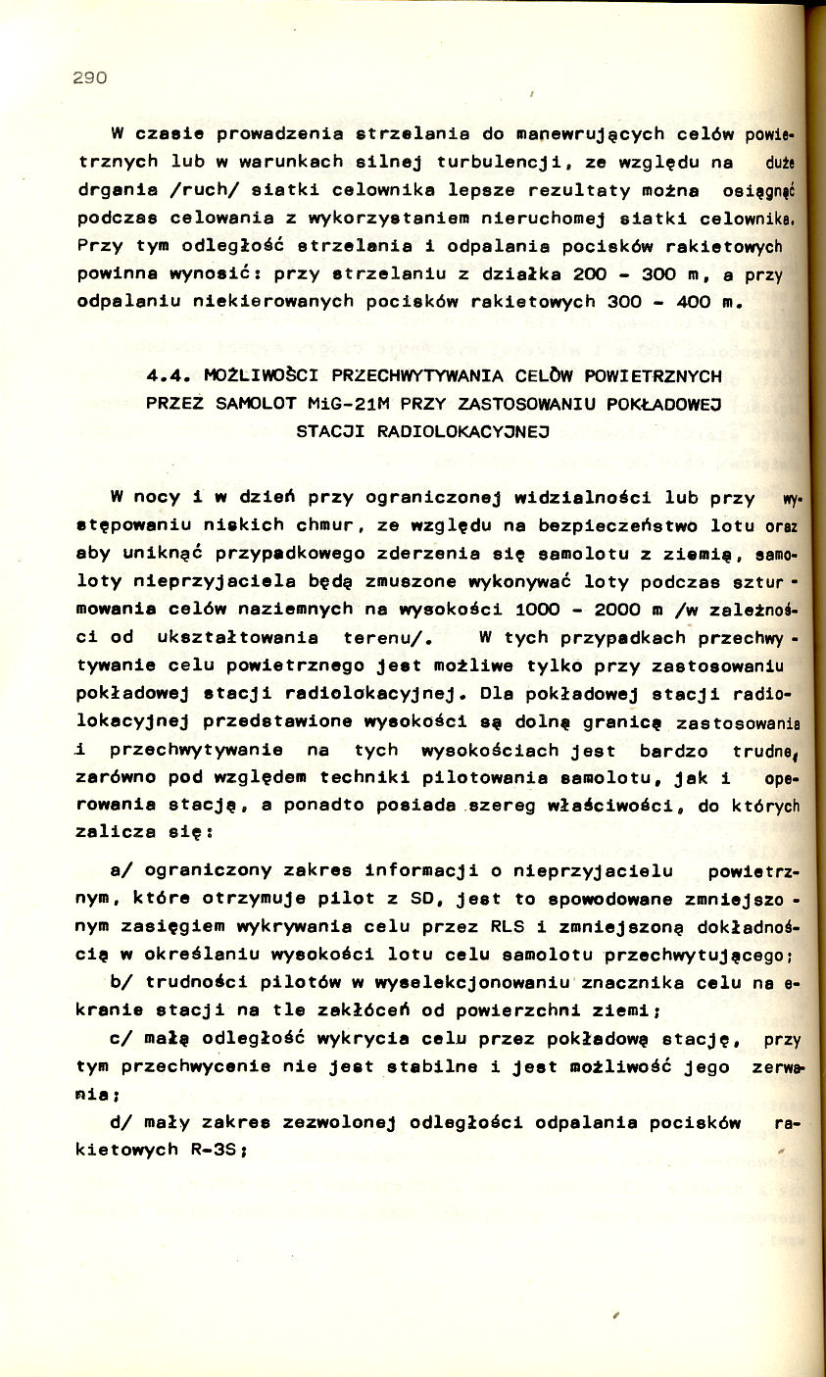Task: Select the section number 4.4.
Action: pyautogui.click(x=168, y=375)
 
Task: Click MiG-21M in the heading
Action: pyautogui.click(x=341, y=403)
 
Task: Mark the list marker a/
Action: pyautogui.click(x=123, y=869)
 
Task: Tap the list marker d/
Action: pyautogui.click(x=123, y=1123)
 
